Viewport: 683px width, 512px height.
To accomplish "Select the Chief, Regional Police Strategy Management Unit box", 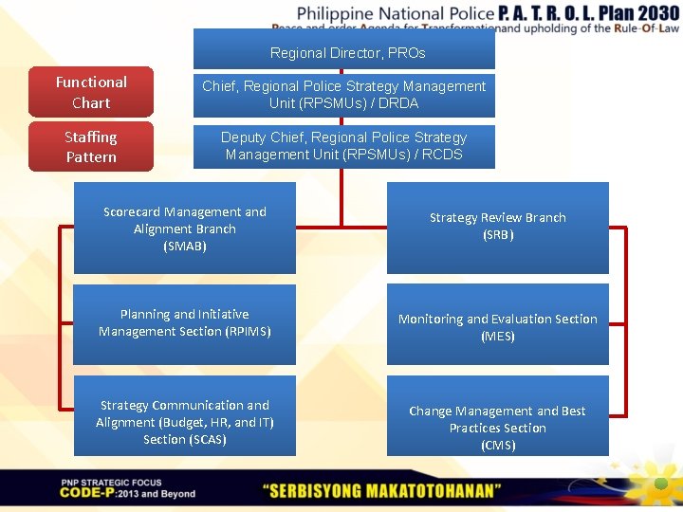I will point(344,95).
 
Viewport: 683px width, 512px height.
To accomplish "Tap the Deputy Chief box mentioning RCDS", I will point(344,146).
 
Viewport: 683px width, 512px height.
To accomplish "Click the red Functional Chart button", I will point(91,92).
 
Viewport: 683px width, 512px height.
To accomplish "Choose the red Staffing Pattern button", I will point(91,147).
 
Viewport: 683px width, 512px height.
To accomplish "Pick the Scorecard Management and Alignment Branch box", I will point(185,229).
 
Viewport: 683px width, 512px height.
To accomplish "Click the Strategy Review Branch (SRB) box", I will point(498,228).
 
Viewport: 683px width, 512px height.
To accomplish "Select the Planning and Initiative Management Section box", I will point(185,323).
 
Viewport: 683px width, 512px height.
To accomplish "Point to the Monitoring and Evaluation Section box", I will point(498,327).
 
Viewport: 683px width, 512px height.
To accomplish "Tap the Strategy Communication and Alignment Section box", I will point(185,422).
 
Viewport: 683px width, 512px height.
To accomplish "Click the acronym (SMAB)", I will point(185,247).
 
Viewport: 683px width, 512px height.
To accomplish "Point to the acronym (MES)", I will point(498,337).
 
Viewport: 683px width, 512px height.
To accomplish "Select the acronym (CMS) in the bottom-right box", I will point(498,446).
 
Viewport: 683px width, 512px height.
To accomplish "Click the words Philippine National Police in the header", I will point(396,13).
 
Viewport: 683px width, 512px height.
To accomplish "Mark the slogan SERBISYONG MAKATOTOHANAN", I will point(382,490).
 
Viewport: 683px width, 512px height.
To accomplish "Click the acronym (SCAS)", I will point(185,440).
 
